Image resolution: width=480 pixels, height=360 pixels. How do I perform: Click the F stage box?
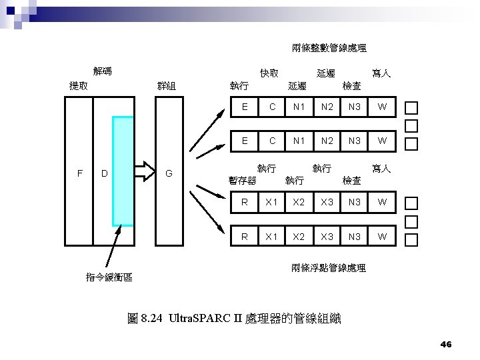click(79, 172)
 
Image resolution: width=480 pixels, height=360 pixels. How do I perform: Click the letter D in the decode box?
click(105, 173)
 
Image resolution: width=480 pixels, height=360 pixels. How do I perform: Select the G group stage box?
click(169, 172)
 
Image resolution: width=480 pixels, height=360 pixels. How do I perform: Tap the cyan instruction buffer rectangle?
click(123, 171)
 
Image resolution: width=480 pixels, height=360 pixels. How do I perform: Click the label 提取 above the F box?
click(79, 85)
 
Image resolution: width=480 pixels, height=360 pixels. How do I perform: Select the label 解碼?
click(102, 71)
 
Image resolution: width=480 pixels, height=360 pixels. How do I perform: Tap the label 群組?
click(167, 85)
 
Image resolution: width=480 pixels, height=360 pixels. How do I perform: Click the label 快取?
click(269, 73)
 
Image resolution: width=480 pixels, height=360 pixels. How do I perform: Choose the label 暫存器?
click(241, 180)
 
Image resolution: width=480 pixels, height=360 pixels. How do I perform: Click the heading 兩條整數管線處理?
click(329, 48)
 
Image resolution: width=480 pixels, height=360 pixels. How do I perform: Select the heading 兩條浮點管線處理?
click(329, 268)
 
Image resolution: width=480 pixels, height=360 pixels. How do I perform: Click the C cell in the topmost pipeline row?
click(271, 107)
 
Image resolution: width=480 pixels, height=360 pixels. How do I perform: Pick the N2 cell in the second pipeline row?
click(327, 141)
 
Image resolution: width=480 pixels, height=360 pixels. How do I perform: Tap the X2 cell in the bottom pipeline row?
click(299, 236)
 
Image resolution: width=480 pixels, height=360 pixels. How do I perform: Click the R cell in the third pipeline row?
click(245, 201)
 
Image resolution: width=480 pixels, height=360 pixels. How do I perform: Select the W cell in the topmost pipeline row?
click(381, 107)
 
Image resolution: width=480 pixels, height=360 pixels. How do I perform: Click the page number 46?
click(446, 344)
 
